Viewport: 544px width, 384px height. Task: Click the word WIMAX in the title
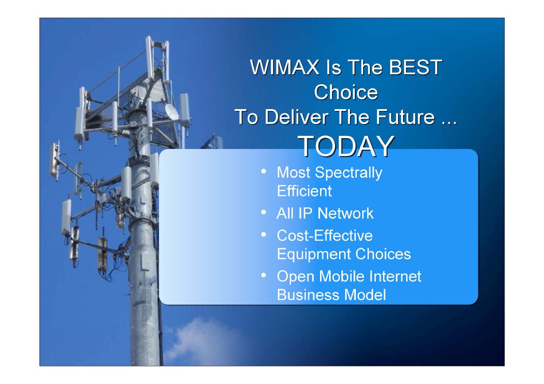pos(285,67)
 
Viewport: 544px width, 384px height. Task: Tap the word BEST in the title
pos(416,67)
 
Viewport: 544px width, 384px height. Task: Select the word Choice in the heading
pos(346,92)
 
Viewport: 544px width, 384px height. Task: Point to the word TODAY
pos(346,146)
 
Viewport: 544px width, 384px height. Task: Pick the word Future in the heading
pos(405,117)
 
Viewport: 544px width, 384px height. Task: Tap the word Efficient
pos(304,191)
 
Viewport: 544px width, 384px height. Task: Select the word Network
pos(345,213)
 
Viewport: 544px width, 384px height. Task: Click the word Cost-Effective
pos(325,235)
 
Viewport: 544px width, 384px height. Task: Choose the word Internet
pos(395,276)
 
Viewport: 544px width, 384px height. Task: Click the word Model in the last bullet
pos(365,295)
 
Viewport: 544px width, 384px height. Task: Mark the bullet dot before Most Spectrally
pos(263,172)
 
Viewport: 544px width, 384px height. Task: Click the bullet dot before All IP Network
pos(263,212)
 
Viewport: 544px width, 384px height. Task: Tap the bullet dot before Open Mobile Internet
pos(263,275)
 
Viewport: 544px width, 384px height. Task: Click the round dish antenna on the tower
pos(172,111)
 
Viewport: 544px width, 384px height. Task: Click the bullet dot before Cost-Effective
pos(263,234)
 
